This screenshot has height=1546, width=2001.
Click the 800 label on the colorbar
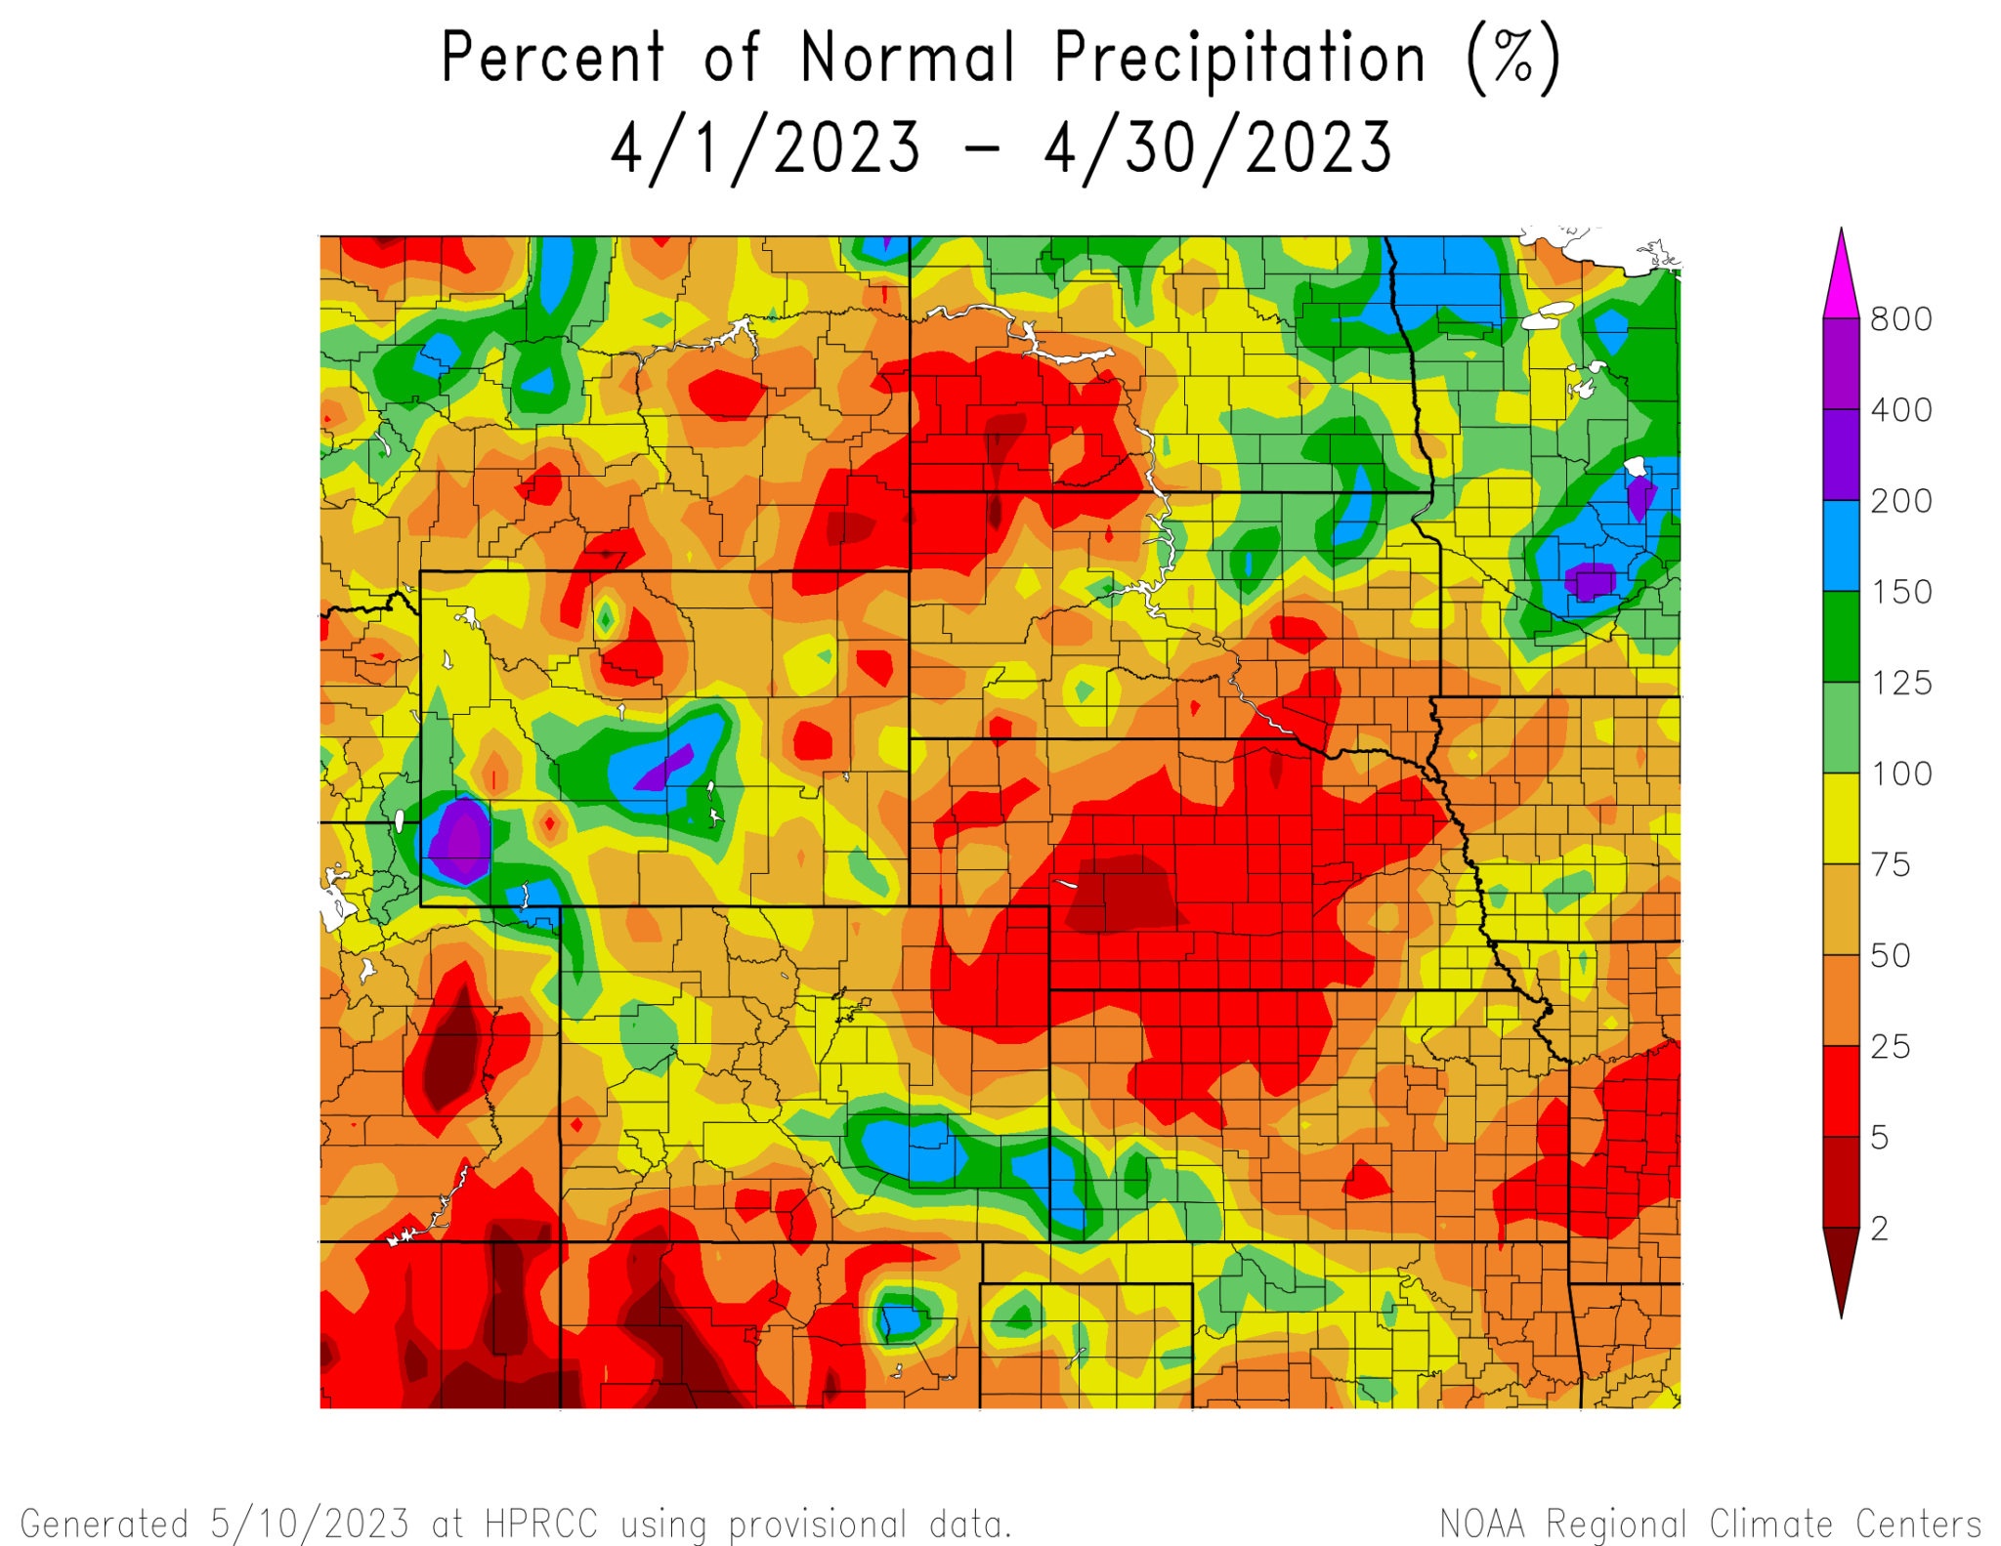click(x=1900, y=319)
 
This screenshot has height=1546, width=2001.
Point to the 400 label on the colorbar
click(x=1900, y=410)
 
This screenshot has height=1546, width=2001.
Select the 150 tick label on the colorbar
click(x=1900, y=592)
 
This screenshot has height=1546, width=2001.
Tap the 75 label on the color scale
click(x=1890, y=864)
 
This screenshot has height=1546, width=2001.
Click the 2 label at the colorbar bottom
click(x=1879, y=1229)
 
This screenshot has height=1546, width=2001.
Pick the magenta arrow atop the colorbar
click(x=1841, y=278)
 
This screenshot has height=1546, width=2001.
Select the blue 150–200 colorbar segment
click(x=1841, y=546)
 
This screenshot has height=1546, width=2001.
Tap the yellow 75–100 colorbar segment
click(x=1841, y=818)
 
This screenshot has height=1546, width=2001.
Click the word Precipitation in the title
click(x=1240, y=59)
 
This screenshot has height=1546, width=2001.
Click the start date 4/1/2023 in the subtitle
click(x=765, y=148)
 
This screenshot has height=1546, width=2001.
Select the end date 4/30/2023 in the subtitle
click(x=1217, y=148)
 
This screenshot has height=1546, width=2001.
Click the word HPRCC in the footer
click(x=540, y=1524)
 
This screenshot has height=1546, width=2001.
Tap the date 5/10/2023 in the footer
click(x=310, y=1524)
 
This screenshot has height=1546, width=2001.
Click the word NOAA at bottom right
click(x=1482, y=1524)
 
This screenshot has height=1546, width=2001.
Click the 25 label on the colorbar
click(x=1890, y=1047)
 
